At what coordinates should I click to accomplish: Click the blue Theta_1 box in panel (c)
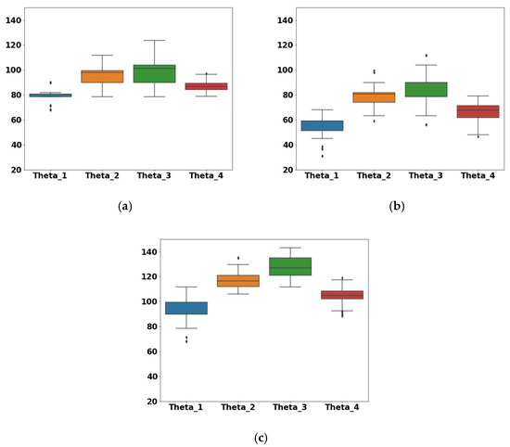coord(185,308)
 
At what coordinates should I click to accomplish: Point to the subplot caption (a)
coord(123,207)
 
